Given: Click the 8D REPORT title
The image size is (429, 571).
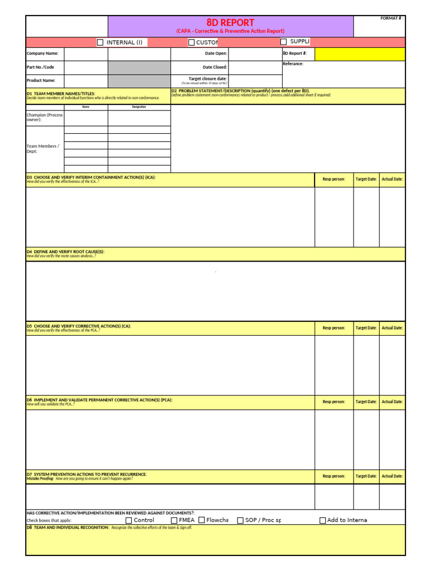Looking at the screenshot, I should tap(230, 22).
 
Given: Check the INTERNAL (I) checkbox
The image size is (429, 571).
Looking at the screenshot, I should tap(101, 42).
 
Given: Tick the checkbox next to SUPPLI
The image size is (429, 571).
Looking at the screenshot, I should tap(284, 42).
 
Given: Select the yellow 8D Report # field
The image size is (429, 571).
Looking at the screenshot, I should tap(360, 54).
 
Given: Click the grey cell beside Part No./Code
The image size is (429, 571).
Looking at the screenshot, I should tap(139, 67).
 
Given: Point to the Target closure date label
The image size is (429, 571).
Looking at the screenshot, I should tap(208, 79).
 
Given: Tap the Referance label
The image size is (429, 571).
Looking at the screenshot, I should tap(293, 64).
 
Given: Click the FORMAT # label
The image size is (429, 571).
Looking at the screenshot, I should tap(392, 18).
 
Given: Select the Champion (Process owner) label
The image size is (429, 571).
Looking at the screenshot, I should tap(45, 117).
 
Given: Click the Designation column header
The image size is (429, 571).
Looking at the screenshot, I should tap(139, 107).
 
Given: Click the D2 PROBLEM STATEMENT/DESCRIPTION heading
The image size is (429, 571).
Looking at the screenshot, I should tap(240, 90).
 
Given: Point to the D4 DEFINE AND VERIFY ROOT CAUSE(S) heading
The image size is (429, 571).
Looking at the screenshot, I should tap(65, 251).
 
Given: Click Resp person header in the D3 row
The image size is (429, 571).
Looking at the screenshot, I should tap(333, 180).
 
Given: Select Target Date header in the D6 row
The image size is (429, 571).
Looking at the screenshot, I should tap(366, 401).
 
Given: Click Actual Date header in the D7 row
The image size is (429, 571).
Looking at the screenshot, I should tap(392, 476).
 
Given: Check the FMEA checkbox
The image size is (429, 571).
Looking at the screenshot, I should tap(174, 520).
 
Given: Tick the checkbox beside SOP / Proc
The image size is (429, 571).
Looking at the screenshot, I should tap(240, 520).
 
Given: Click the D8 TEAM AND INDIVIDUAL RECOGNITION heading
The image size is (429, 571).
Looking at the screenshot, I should tap(68, 527).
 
